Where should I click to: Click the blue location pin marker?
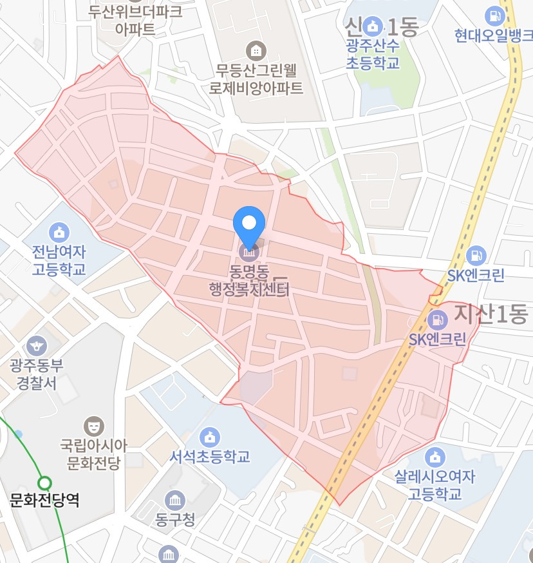pyautogui.click(x=249, y=224)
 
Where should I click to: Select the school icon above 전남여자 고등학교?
pyautogui.click(x=59, y=231)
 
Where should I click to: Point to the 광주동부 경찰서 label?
pyautogui.click(x=36, y=374)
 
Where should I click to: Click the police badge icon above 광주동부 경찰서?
pyautogui.click(x=37, y=345)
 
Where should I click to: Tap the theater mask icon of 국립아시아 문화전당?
pyautogui.click(x=94, y=425)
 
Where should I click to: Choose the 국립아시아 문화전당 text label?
pyautogui.click(x=94, y=453)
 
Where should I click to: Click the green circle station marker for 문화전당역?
pyautogui.click(x=44, y=482)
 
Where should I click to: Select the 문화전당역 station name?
pyautogui.click(x=45, y=500)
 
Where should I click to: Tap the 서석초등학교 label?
pyautogui.click(x=209, y=457)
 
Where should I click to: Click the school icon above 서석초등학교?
pyautogui.click(x=209, y=436)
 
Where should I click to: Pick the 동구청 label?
pyautogui.click(x=174, y=519)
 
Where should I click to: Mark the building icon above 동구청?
pyautogui.click(x=174, y=499)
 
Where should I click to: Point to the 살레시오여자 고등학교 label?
pyautogui.click(x=435, y=485)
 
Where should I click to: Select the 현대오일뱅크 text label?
pyautogui.click(x=492, y=34)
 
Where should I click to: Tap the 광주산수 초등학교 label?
pyautogui.click(x=373, y=54)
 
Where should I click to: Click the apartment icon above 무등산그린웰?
pyautogui.click(x=256, y=49)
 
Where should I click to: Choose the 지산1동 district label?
pyautogui.click(x=490, y=314)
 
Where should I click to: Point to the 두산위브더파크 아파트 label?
pyautogui.click(x=135, y=20)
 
